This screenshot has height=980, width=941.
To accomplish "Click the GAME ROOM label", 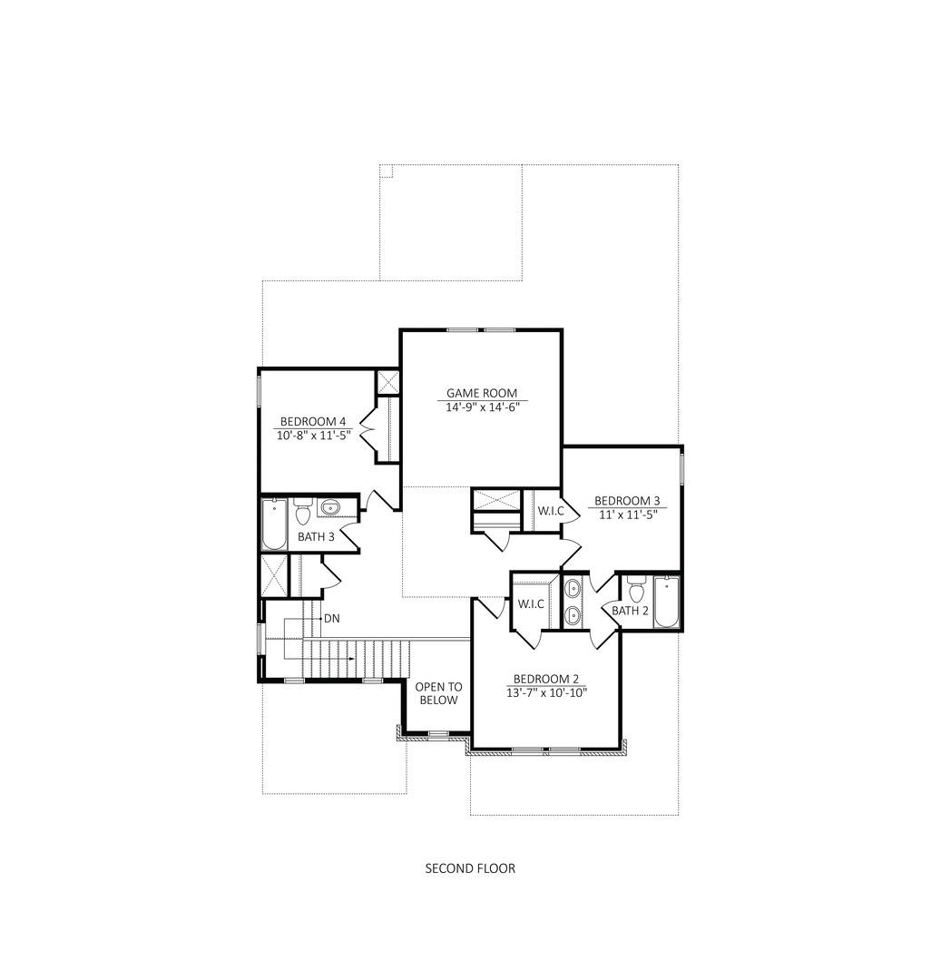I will [481, 393].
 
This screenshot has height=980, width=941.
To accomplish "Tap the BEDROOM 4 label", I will [312, 421].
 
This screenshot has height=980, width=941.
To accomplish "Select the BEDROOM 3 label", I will [626, 501].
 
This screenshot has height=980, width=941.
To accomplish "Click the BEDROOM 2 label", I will [545, 679].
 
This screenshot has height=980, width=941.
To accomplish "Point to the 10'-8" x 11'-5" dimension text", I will [312, 435].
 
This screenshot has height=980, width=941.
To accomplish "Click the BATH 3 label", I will [316, 536].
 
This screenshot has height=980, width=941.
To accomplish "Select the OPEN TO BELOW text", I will [437, 693].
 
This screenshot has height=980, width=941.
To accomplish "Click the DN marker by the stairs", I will [331, 618].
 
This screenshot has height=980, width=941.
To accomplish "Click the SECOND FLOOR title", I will [470, 868].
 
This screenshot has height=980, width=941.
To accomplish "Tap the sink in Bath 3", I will [330, 507].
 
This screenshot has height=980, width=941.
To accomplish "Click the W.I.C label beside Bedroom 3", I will [550, 511].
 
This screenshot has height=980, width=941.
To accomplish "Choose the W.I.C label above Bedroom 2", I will [530, 603].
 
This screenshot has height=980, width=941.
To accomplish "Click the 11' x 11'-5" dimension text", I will [626, 514].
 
